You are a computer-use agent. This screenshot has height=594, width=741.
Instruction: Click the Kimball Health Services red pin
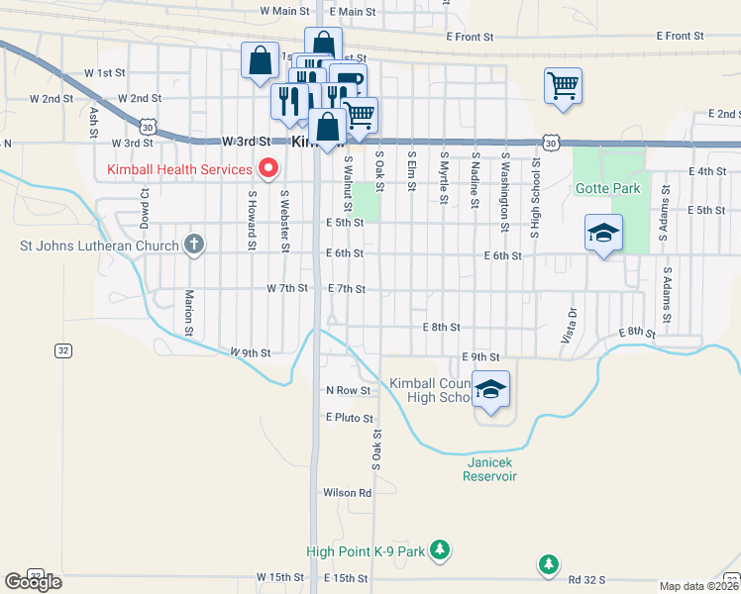tap(265, 167)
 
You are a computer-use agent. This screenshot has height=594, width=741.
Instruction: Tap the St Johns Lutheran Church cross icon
tap(195, 245)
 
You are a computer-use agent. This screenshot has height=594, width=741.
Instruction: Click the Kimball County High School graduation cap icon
tap(490, 390)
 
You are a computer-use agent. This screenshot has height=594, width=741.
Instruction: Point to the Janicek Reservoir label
tap(489, 469)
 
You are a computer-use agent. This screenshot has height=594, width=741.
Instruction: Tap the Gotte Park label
tap(607, 188)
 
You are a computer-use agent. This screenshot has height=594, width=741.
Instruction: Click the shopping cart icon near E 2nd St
tap(563, 87)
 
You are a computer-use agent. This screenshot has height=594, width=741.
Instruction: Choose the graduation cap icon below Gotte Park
tap(603, 235)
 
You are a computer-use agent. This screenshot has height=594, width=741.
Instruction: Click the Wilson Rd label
tap(347, 492)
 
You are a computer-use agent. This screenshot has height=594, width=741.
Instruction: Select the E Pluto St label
tap(349, 418)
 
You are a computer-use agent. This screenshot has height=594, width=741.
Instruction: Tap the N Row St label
tap(349, 390)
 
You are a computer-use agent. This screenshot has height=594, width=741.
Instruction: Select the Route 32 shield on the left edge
tap(62, 350)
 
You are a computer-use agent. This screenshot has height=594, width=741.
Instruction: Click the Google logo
tap(33, 582)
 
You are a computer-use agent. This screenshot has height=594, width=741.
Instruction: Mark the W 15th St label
tap(278, 577)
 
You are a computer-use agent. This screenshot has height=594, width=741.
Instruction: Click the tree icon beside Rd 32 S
tap(548, 564)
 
